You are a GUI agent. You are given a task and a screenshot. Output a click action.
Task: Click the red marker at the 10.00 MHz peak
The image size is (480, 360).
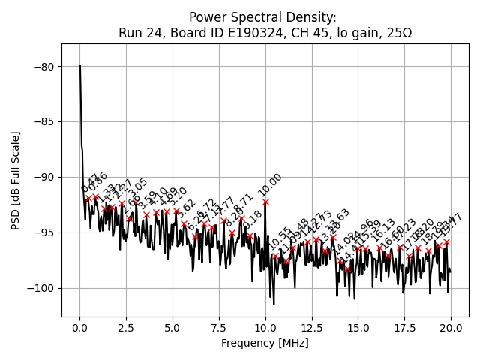tap(265, 202)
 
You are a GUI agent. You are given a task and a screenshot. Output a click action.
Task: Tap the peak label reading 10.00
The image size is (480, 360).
tap(270, 185)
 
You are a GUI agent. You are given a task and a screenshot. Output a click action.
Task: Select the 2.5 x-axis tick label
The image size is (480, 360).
tap(126, 328)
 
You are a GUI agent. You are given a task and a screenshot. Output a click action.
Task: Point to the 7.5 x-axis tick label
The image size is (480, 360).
tap(219, 328)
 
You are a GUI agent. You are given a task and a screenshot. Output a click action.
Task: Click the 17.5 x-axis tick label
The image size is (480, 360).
tap(404, 328)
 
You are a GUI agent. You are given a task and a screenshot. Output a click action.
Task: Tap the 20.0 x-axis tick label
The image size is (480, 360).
tap(451, 328)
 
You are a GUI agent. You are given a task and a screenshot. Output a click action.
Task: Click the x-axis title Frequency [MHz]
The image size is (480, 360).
tap(265, 343)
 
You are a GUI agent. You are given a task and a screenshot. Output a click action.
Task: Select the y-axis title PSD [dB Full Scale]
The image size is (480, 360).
tap(15, 180)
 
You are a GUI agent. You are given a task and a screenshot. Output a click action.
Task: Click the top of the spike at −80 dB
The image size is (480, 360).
tap(80, 66)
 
